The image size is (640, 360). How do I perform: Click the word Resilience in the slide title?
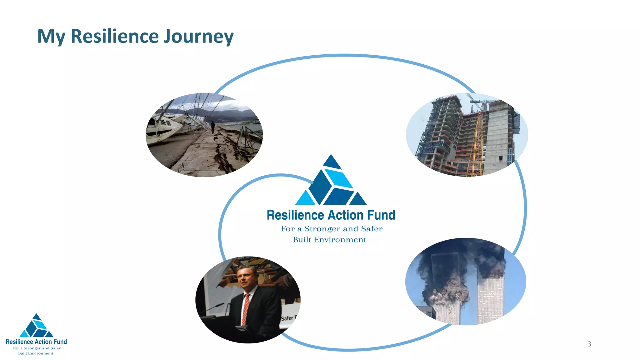115,36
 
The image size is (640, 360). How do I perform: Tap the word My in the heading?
51,37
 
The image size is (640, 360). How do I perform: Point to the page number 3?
589,344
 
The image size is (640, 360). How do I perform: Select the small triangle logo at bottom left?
36,327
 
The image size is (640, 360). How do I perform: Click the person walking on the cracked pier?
213,127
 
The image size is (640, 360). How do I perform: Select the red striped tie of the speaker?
246,309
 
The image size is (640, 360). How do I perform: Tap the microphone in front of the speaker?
216,307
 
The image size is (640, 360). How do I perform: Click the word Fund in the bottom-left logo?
60,342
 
